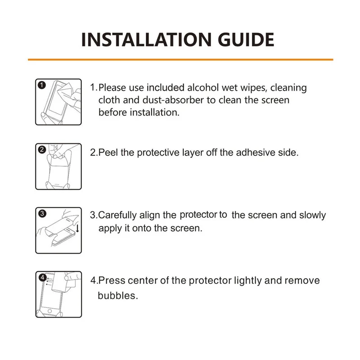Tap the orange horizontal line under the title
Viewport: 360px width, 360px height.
click(x=180, y=59)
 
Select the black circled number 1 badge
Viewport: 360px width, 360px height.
click(x=41, y=85)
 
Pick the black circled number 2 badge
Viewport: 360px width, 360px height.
click(x=41, y=150)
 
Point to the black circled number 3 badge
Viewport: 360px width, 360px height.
click(x=41, y=214)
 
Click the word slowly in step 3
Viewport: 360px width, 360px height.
click(x=311, y=215)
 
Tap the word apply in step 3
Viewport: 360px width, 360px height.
click(x=110, y=228)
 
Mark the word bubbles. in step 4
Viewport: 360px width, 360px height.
click(x=117, y=297)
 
